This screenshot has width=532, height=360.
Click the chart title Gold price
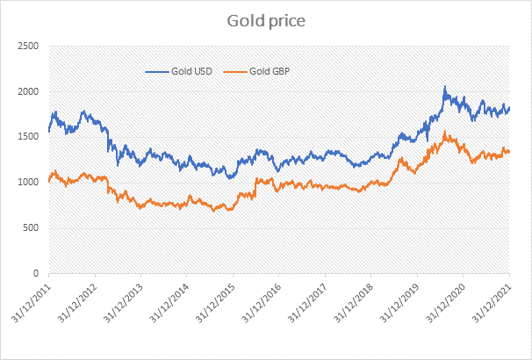pyautogui.click(x=265, y=18)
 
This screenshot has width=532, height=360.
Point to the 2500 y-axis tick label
pyautogui.click(x=29, y=46)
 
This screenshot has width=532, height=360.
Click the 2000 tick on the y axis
pyautogui.click(x=29, y=91)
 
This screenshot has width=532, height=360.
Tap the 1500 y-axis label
pyautogui.click(x=29, y=137)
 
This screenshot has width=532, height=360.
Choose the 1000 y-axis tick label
pyautogui.click(x=29, y=183)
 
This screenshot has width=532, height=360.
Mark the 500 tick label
pyautogui.click(x=32, y=228)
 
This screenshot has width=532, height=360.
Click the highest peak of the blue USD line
pyautogui.click(x=445, y=87)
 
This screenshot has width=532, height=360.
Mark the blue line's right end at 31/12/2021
pyautogui.click(x=509, y=108)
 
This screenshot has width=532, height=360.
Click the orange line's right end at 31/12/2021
pyautogui.click(x=509, y=153)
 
